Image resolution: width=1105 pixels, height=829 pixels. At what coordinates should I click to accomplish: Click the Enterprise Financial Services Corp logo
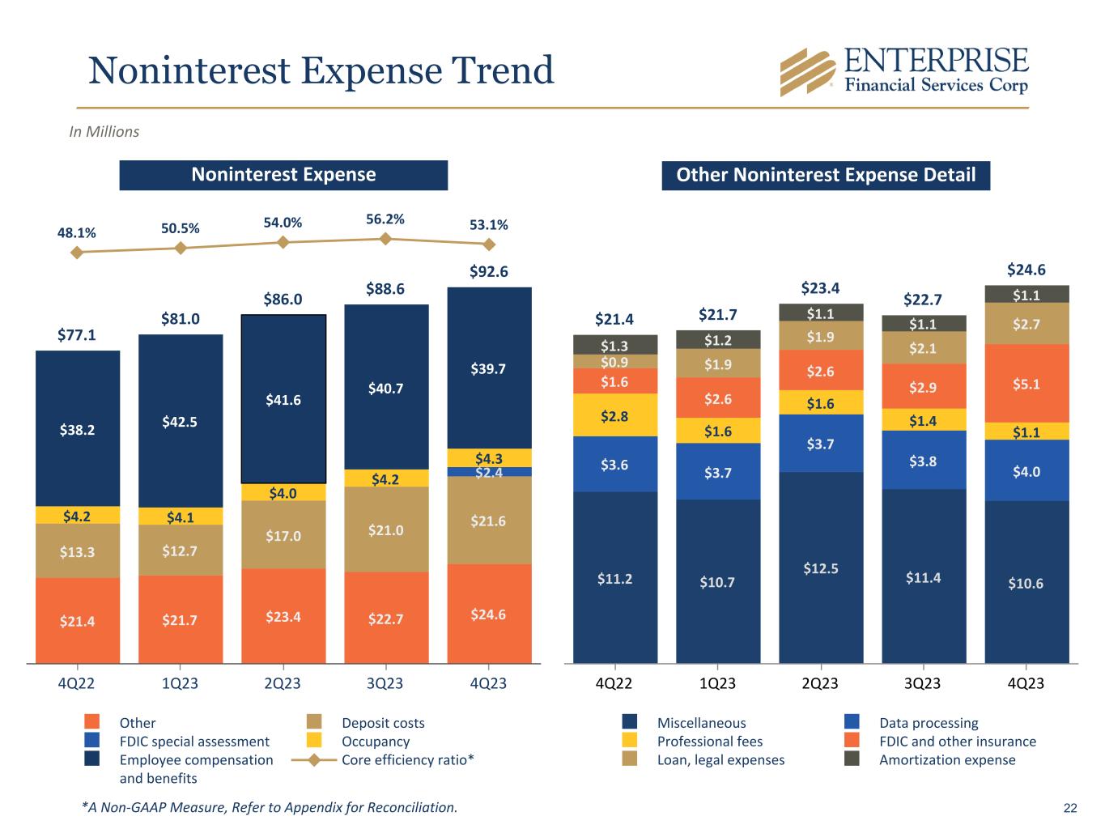[x=903, y=70]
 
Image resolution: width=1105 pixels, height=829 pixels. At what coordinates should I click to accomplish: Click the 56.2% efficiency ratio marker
[x=386, y=238]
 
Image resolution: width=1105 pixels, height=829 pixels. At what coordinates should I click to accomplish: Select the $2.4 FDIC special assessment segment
[x=489, y=472]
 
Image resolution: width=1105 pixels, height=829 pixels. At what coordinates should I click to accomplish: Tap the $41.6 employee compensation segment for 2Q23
[x=283, y=399]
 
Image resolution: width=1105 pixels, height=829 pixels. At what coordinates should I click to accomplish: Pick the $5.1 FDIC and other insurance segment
[x=1026, y=384]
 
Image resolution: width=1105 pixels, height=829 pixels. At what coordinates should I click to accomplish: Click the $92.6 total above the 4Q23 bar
[x=489, y=272]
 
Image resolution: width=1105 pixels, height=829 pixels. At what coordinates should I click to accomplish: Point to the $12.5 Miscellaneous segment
[x=821, y=568]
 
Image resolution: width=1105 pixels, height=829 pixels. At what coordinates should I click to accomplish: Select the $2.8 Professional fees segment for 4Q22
[x=615, y=415]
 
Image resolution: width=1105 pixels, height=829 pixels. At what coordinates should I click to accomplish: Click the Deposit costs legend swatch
[x=315, y=722]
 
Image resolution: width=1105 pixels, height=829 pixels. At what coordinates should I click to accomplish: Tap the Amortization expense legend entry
[x=946, y=759]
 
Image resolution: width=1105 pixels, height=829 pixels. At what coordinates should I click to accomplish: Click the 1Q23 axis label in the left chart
[x=180, y=683]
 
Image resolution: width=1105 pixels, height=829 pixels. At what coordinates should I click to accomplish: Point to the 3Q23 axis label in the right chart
[x=923, y=683]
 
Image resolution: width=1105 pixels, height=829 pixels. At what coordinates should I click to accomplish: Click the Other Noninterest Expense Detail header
[x=826, y=175]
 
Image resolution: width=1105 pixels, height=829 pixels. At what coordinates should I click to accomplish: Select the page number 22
[x=1070, y=808]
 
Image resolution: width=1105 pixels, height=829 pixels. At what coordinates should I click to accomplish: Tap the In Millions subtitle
[x=104, y=132]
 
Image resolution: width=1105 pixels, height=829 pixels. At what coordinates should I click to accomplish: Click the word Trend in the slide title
[x=503, y=70]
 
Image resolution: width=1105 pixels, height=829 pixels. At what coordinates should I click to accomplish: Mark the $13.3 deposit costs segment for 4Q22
[x=77, y=551]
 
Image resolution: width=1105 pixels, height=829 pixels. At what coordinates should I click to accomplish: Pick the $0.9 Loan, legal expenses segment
[x=615, y=361]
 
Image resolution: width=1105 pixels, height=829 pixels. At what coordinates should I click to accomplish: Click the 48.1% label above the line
[x=77, y=233]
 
